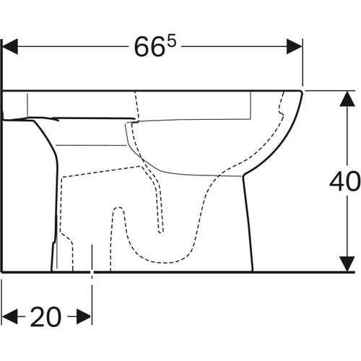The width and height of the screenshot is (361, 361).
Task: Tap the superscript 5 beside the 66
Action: (x=172, y=41)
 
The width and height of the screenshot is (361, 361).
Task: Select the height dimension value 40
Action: (x=345, y=182)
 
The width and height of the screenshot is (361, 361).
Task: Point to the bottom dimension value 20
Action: (x=45, y=316)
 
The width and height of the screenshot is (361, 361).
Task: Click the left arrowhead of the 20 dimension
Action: (x=9, y=316)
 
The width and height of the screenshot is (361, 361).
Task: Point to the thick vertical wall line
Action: (x=2, y=180)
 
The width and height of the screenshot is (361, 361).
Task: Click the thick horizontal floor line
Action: (x=180, y=271)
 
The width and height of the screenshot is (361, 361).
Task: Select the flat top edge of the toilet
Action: (x=144, y=90)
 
